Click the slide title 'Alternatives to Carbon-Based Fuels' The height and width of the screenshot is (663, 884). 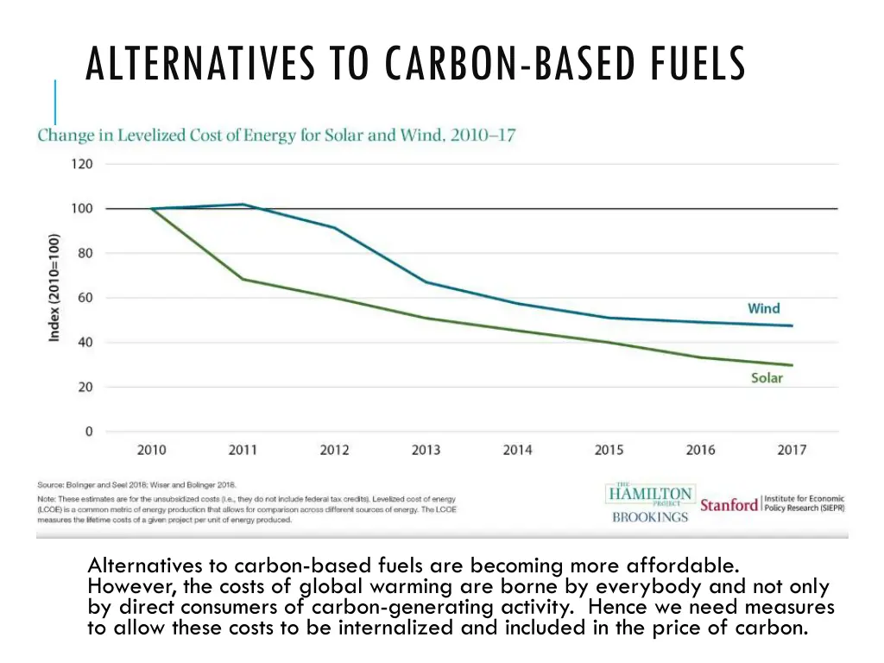415,65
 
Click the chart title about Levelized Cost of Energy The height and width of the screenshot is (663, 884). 276,136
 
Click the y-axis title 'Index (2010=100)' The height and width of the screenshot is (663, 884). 54,287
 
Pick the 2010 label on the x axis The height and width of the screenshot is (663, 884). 152,450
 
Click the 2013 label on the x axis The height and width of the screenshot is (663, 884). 426,450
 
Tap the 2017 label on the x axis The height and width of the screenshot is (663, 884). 792,450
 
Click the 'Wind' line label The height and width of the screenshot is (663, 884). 763,308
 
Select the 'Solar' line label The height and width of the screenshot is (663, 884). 767,378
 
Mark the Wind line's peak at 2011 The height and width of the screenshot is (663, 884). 243,205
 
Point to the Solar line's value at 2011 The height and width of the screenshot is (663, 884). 243,279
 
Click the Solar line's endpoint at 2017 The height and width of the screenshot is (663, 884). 792,365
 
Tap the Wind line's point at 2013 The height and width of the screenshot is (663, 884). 426,282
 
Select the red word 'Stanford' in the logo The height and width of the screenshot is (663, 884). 729,504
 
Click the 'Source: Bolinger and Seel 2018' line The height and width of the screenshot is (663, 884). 136,485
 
